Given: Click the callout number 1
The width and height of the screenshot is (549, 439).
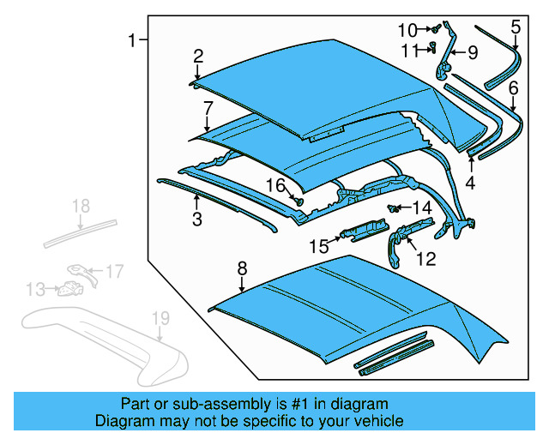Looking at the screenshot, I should click(x=132, y=40).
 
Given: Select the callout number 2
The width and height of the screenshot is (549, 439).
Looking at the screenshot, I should click(x=198, y=57).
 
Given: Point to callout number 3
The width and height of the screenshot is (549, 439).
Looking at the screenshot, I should click(x=196, y=220).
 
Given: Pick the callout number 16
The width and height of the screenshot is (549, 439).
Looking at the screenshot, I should click(x=274, y=185).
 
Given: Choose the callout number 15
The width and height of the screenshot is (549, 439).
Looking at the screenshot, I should click(x=319, y=246).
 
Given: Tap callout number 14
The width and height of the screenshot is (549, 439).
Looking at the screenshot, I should click(x=422, y=207).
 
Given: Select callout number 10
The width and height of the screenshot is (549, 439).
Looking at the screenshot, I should click(x=407, y=30).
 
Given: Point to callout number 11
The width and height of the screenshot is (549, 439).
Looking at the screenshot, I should click(x=410, y=50).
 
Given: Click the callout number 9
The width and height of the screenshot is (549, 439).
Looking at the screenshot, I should click(x=471, y=53).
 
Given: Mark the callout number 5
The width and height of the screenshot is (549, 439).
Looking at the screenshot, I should click(x=515, y=27).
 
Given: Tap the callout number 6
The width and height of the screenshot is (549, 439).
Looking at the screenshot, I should click(x=513, y=87).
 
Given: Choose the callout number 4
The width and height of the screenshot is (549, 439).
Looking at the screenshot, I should click(x=470, y=183).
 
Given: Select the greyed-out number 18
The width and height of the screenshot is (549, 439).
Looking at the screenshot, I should click(x=80, y=206).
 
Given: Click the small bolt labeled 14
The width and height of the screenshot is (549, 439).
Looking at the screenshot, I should click(x=395, y=208).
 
